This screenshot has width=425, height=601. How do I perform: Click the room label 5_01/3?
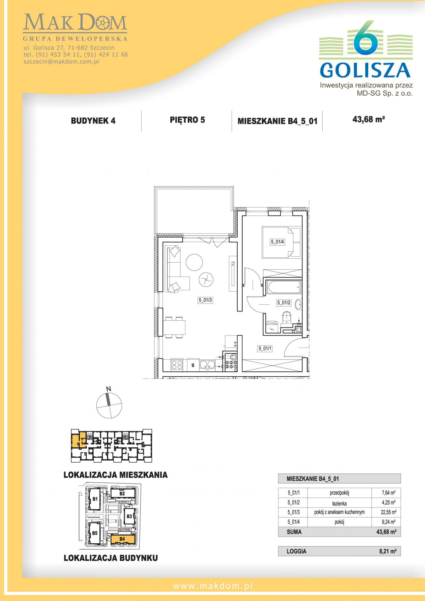point(205,300)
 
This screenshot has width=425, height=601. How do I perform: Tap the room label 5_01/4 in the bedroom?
point(277,242)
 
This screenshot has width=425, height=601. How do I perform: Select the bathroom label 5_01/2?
point(284,303)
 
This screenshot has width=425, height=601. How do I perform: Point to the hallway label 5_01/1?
point(265,349)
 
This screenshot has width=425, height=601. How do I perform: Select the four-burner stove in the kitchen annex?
point(177,365)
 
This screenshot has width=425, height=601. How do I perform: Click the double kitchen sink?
point(207,365)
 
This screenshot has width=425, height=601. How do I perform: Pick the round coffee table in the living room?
point(194,262)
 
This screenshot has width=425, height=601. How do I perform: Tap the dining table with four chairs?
point(175,327)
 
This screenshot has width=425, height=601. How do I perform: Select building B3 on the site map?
point(129,516)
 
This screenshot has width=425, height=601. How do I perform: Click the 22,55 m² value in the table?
point(389,512)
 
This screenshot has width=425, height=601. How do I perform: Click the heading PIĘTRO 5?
point(187,120)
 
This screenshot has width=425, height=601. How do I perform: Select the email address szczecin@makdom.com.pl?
point(62,62)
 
